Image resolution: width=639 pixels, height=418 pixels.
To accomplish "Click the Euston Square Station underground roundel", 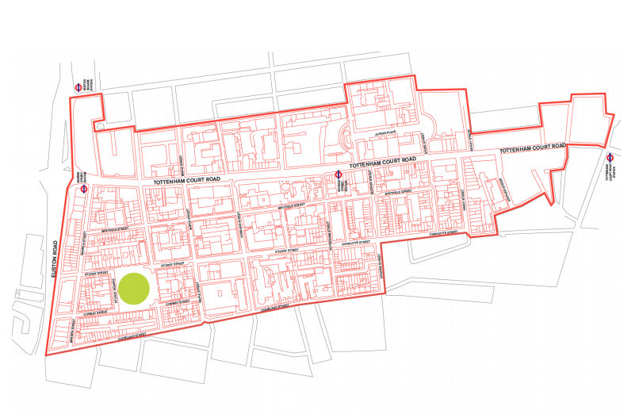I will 78,88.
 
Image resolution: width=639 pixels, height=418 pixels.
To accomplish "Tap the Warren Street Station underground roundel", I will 84,189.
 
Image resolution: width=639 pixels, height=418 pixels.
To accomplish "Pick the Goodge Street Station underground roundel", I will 338,174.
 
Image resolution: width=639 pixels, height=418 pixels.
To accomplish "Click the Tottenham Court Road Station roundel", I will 610,157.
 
